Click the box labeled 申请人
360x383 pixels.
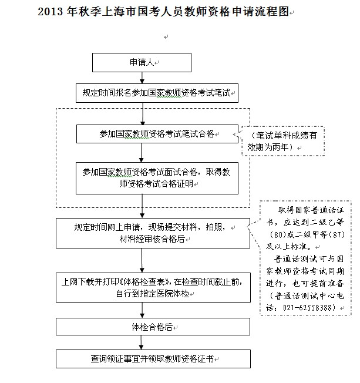(142, 62)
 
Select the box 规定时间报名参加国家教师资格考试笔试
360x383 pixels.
(157, 93)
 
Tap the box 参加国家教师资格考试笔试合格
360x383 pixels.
(157, 134)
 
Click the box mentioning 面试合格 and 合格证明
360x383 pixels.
(157, 179)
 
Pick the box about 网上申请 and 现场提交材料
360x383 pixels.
(153, 233)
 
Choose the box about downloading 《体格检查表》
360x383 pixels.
(153, 287)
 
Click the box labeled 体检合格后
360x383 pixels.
(153, 327)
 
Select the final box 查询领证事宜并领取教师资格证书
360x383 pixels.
(153, 359)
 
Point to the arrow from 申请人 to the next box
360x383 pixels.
(142, 78)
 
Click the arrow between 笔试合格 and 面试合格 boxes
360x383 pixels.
(141, 153)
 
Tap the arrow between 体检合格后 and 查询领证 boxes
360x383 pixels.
(141, 342)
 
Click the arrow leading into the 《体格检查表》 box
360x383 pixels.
(142, 260)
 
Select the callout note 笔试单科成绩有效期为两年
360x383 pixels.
(283, 141)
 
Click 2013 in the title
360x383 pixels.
(51, 12)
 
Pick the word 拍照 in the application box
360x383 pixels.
(214, 227)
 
